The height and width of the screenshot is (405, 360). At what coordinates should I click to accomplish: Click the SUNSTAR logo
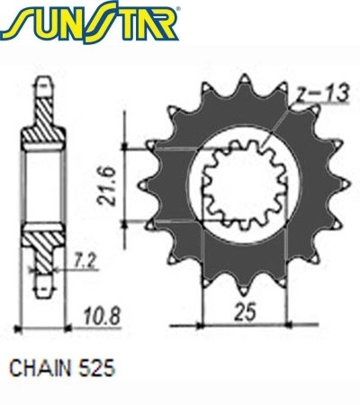90,22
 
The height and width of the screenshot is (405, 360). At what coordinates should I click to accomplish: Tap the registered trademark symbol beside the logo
178,9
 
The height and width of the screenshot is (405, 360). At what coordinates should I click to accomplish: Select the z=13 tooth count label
322,94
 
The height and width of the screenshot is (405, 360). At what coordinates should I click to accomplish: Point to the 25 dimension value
246,311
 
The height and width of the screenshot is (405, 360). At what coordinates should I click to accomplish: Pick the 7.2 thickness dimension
85,262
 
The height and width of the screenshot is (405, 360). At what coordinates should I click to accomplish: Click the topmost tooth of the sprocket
245,82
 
